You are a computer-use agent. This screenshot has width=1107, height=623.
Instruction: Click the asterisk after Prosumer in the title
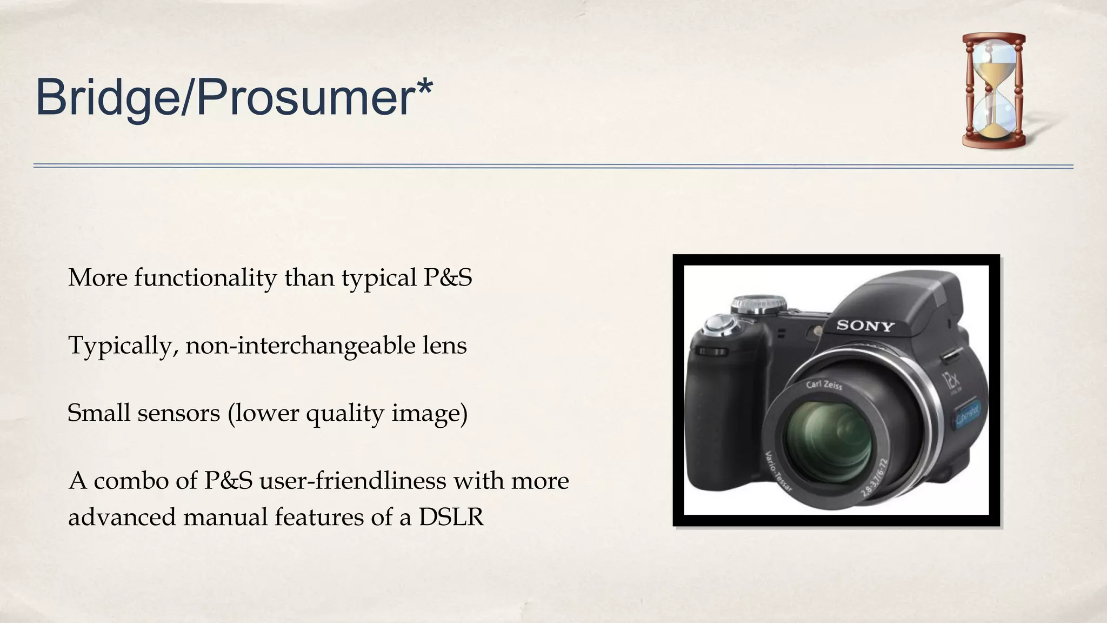tap(424, 87)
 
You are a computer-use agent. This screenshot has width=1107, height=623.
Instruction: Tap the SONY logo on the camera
tap(865, 326)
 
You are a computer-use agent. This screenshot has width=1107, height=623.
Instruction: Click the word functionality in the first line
tap(205, 278)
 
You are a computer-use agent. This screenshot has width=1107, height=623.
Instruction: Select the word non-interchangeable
tap(300, 346)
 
